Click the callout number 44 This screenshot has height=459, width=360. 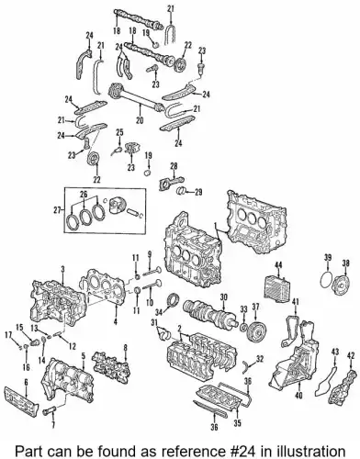(278, 264)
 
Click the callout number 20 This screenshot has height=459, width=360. (140, 121)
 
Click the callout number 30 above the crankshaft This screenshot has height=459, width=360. (223, 297)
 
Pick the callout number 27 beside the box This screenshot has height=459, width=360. (57, 209)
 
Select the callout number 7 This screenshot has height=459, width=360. (53, 425)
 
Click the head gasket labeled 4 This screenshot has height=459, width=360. (103, 285)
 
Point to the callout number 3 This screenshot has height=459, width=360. (62, 269)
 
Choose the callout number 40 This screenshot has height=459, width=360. (298, 396)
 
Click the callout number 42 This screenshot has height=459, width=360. (353, 355)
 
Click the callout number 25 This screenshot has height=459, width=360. (119, 132)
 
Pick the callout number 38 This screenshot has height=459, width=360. (345, 262)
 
